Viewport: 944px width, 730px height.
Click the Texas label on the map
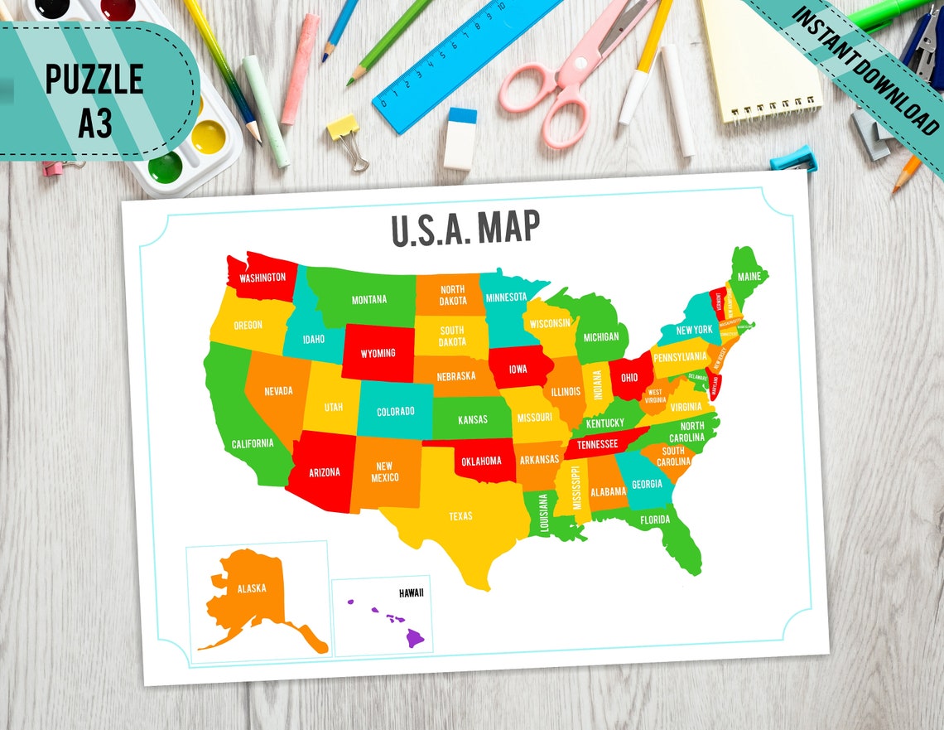click(x=460, y=516)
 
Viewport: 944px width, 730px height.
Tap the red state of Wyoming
click(x=378, y=353)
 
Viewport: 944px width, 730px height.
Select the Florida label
click(x=654, y=520)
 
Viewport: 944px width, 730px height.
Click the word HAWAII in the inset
click(x=411, y=593)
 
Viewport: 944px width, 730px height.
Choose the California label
click(x=252, y=443)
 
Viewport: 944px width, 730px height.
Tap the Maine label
click(x=749, y=276)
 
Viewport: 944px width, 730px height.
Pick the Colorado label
click(x=395, y=412)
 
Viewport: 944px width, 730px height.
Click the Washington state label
click(x=262, y=278)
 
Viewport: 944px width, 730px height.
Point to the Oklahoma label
click(x=481, y=461)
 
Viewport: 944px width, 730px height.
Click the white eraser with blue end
click(x=460, y=139)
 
